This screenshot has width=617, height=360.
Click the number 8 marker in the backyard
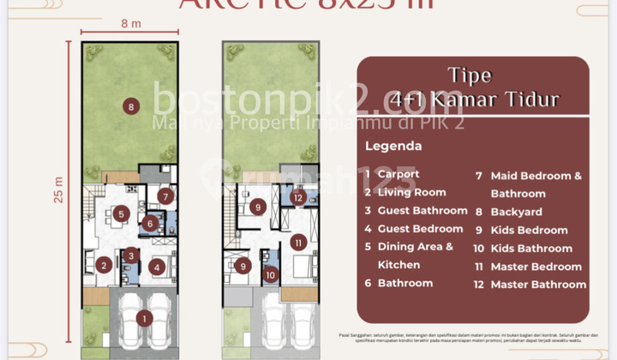tap(130, 107)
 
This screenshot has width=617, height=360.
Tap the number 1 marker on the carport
tap(144, 318)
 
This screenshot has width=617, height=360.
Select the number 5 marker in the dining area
tap(122, 213)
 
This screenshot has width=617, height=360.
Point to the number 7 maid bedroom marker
tap(166, 196)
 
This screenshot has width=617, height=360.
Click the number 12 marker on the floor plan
tap(297, 198)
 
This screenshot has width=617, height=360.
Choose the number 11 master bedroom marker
tap(297, 243)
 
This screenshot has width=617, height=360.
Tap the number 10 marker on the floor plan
tap(271, 275)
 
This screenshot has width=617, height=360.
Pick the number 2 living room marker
tap(103, 266)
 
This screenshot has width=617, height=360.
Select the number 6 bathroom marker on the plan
tap(149, 225)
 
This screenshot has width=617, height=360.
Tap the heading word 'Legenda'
tap(393, 146)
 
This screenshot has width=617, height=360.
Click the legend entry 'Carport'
tap(398, 174)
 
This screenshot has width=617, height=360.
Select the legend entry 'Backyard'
tap(516, 212)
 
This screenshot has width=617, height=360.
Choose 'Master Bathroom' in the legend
tap(538, 285)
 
